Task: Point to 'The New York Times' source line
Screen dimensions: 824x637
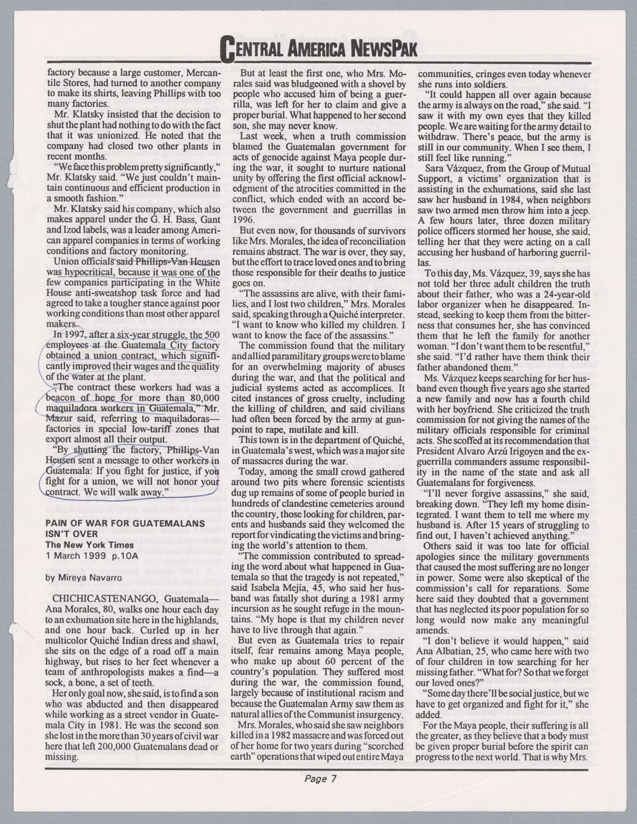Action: (x=89, y=545)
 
